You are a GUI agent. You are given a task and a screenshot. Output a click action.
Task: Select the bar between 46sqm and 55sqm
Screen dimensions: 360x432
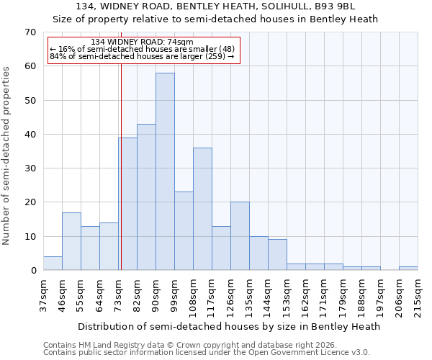click(71, 241)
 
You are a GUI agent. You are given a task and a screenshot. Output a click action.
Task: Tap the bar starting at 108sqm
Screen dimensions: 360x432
click(202, 209)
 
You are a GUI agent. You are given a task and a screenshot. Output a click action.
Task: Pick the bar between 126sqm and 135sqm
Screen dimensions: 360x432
click(240, 236)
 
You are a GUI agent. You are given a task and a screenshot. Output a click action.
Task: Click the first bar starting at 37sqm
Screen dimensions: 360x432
click(53, 264)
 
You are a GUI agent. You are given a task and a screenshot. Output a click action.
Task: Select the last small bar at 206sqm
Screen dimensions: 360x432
click(408, 269)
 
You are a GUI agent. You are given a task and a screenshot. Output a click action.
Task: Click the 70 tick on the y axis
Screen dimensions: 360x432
click(30, 32)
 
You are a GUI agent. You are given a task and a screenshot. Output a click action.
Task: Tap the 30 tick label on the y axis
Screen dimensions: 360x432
click(30, 168)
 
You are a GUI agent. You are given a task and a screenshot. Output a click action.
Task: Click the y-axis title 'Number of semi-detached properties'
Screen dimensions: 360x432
click(7, 156)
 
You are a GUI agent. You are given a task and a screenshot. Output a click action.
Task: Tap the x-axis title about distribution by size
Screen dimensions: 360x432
click(228, 326)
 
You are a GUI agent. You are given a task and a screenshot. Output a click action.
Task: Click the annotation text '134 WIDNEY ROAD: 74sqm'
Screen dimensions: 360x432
click(142, 42)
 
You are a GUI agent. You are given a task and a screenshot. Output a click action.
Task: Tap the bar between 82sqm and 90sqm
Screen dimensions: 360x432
click(146, 197)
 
